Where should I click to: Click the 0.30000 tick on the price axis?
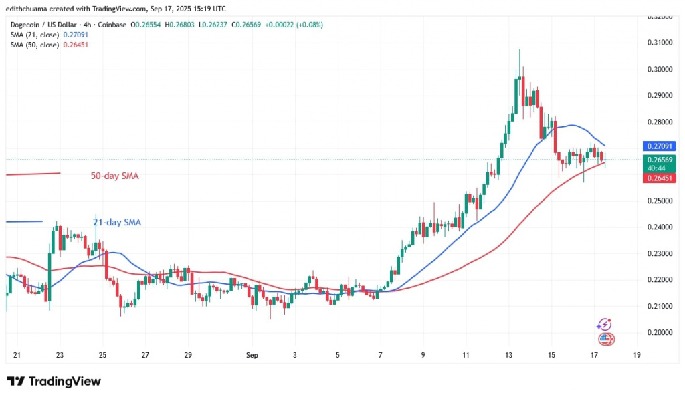click(660, 70)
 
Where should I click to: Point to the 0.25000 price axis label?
click(660, 201)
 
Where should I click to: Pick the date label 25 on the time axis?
click(102, 355)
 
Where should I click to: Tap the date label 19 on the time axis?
click(635, 355)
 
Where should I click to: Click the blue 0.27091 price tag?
click(660, 146)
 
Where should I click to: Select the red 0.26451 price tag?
click(660, 178)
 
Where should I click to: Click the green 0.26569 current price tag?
click(660, 160)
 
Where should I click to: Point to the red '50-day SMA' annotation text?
click(114, 176)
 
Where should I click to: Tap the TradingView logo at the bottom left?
click(54, 382)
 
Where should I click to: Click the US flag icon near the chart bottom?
click(605, 339)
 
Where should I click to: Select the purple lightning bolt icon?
click(604, 325)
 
